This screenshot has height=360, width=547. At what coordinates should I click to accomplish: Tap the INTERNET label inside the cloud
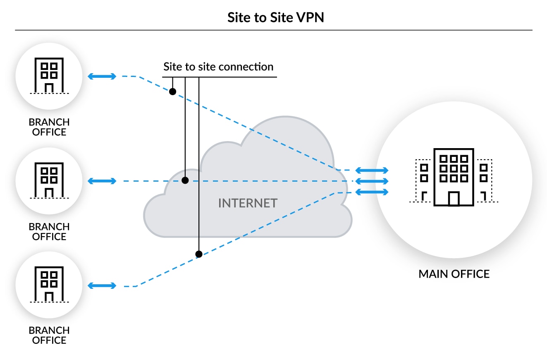(x=248, y=203)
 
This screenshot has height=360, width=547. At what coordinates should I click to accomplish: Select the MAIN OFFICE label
(x=454, y=274)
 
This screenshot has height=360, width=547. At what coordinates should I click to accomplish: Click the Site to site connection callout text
(x=218, y=67)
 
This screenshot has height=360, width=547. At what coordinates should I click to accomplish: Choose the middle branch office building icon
(x=49, y=180)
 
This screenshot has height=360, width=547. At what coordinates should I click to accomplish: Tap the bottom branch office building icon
(x=49, y=285)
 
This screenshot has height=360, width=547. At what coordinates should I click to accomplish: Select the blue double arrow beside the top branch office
(x=102, y=76)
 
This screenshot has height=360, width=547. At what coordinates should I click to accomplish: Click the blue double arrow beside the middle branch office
(x=102, y=181)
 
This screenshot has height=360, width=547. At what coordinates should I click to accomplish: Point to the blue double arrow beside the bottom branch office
(x=102, y=286)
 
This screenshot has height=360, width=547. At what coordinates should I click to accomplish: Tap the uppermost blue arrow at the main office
(x=372, y=170)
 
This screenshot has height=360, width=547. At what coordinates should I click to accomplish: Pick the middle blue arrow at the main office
(x=372, y=181)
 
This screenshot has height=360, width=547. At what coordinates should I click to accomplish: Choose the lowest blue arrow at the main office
(x=372, y=192)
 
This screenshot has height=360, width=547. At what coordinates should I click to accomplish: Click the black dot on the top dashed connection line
(x=172, y=91)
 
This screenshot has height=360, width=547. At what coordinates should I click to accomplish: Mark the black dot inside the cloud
(x=185, y=180)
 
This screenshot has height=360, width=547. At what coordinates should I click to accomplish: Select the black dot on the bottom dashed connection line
(x=199, y=254)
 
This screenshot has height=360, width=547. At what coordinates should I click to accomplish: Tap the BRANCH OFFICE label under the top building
(x=49, y=127)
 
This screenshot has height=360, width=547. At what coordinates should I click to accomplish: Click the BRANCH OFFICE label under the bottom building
(x=49, y=336)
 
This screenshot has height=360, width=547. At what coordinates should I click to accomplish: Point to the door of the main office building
(x=454, y=199)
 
